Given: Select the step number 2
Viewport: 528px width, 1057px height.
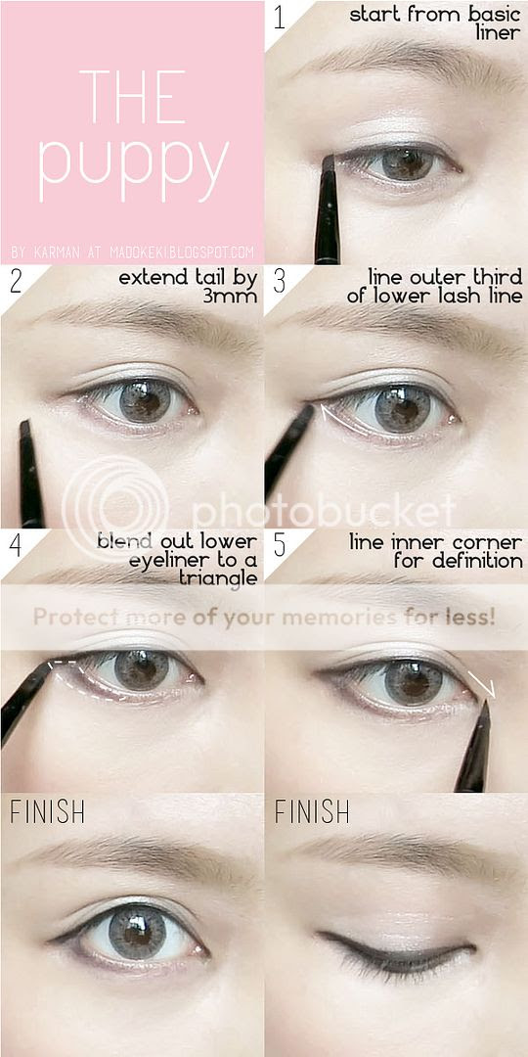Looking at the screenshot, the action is click(16, 281).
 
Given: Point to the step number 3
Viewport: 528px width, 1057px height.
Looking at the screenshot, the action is click(280, 281).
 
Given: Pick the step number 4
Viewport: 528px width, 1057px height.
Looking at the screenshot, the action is click(16, 545).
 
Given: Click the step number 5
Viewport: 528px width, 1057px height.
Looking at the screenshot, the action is click(280, 545).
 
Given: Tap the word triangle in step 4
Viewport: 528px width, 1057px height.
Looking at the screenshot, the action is click(218, 578).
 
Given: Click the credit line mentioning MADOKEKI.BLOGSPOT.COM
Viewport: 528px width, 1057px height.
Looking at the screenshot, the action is click(133, 253).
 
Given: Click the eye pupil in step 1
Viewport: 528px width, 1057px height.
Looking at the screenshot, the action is click(406, 162).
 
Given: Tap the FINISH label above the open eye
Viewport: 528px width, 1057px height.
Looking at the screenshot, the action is click(47, 812).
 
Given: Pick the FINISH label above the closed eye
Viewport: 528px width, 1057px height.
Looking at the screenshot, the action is click(312, 812).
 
